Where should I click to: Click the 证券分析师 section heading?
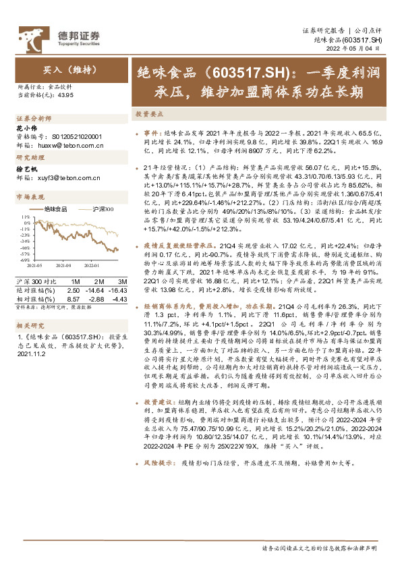34,117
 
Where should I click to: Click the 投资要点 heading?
149,115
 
